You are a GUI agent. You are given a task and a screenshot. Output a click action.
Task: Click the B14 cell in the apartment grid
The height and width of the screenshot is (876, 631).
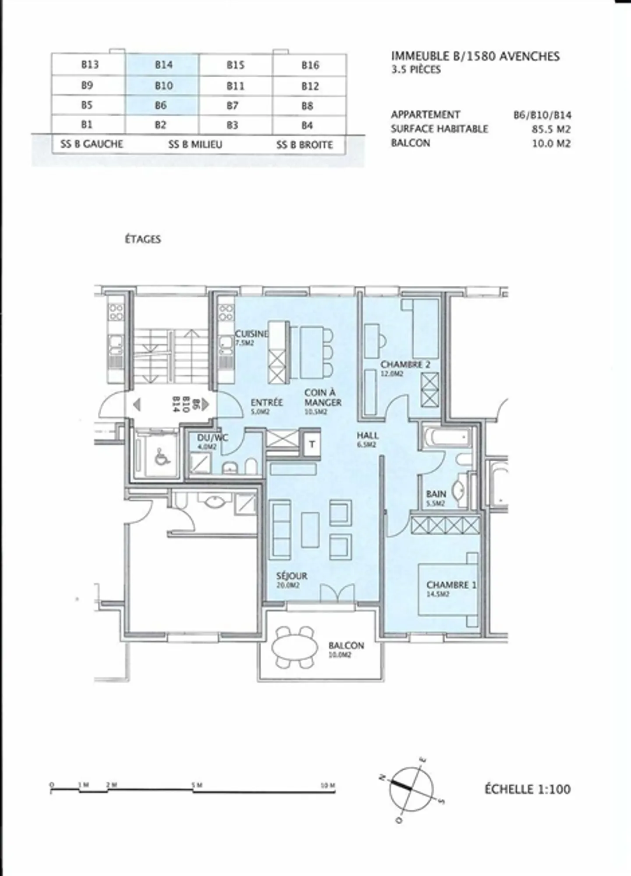[163, 65]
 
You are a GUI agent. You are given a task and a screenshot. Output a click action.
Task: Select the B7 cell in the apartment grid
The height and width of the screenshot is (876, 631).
[233, 106]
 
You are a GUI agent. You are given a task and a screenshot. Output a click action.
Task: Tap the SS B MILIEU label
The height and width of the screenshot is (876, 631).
[195, 144]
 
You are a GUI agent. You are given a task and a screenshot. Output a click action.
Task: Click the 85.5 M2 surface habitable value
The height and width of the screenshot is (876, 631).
[551, 129]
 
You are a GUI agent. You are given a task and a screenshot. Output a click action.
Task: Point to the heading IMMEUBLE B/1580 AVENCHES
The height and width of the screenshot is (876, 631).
[475, 56]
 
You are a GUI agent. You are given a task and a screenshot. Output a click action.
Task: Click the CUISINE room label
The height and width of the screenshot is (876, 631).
[251, 334]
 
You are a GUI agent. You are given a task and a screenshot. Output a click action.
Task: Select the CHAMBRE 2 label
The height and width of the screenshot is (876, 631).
[405, 364]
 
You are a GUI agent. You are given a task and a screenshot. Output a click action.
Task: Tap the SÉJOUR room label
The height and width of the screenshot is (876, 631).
[291, 576]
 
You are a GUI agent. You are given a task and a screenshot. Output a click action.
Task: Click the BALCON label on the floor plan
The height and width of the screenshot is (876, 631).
[346, 645]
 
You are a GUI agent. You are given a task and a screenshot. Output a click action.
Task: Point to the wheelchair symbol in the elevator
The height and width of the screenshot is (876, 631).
[162, 458]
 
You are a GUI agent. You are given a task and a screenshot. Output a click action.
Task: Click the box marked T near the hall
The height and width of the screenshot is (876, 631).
[312, 444]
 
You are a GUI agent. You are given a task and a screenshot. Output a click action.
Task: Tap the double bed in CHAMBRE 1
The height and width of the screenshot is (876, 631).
[447, 590]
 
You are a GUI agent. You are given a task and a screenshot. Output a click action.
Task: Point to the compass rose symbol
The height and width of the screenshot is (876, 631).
[411, 789]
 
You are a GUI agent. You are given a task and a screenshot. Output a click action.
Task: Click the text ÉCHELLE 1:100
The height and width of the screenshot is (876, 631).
[528, 789]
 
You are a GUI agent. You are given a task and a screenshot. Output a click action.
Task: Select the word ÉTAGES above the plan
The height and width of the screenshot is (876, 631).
[143, 239]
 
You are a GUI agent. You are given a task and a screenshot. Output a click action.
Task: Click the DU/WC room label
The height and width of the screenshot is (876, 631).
[212, 438]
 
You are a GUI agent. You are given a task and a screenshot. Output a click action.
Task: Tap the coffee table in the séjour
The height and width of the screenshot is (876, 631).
[310, 530]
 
